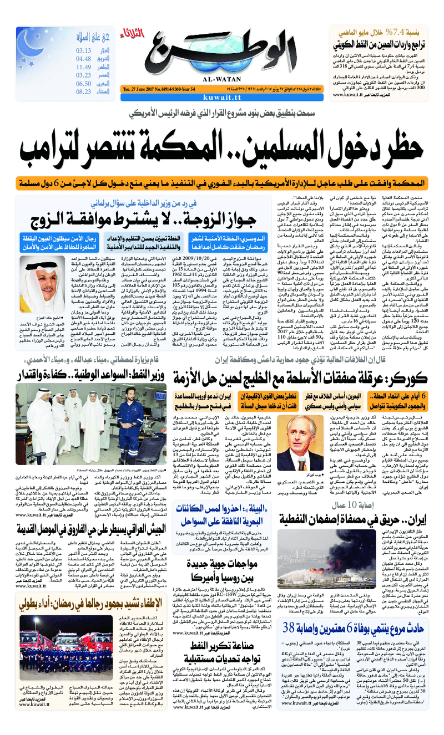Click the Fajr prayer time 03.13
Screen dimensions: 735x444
tap(84, 50)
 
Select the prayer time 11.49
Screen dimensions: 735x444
tap(84, 67)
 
